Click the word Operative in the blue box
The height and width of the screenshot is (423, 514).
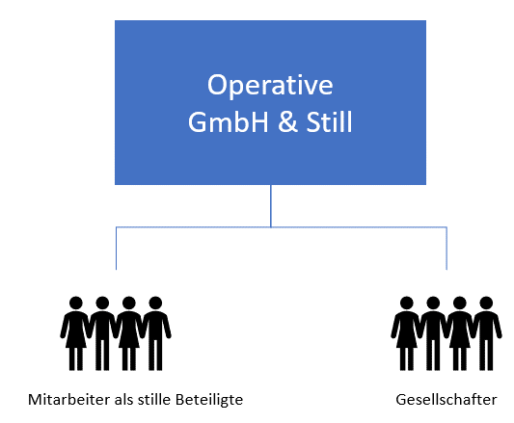270,85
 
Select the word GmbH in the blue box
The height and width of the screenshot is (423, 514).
229,121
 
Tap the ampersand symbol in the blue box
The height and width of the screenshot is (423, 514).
287,121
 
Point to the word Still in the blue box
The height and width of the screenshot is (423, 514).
329,121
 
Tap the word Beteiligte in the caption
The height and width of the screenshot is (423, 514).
209,401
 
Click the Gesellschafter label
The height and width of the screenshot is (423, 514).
446,400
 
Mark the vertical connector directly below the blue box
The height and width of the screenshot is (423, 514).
271,206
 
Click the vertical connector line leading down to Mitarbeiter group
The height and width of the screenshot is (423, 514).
116,248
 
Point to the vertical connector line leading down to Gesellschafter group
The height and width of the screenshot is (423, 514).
446,248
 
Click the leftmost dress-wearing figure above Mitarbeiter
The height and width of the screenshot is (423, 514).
76,333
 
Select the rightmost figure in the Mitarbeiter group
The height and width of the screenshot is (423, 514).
155,333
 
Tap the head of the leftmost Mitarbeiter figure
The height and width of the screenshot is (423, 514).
76,304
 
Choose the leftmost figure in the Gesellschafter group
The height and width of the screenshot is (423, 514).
407,333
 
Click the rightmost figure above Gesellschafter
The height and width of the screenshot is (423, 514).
486,333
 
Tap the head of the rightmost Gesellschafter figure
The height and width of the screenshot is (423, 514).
486,304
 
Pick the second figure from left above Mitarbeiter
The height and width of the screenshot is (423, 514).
102,333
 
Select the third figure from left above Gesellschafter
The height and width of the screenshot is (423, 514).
460,333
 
